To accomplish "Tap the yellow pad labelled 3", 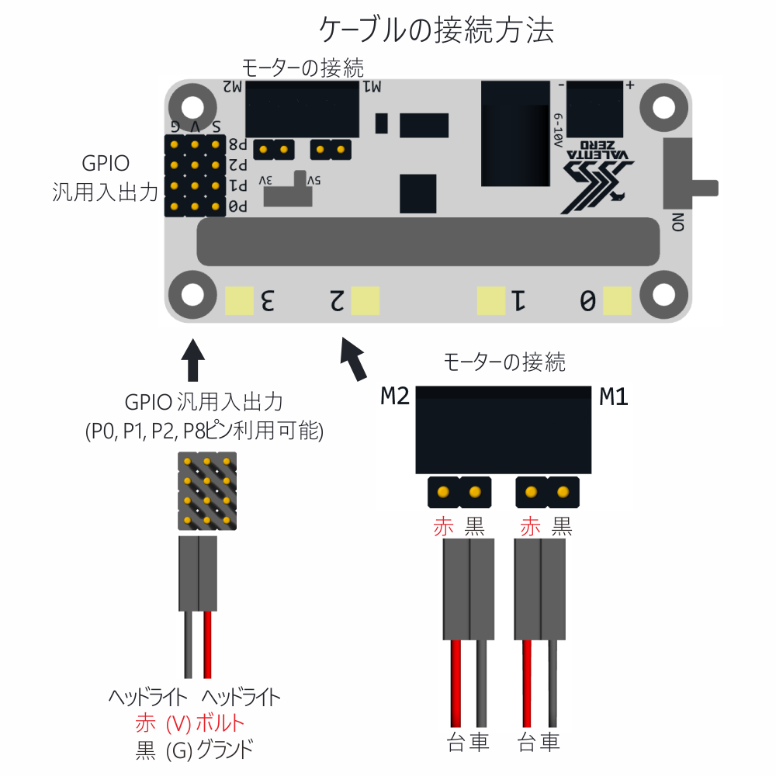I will (x=239, y=300).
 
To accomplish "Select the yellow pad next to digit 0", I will (x=617, y=300).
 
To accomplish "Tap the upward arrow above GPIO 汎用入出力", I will (x=192, y=358).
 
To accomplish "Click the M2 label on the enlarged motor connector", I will (x=394, y=397).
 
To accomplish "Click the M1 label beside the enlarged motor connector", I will (x=613, y=397).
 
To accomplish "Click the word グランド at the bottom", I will (x=225, y=750).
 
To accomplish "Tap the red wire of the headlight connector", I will (x=207, y=644).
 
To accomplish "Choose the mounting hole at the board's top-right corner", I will (x=664, y=106).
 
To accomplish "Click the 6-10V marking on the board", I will (x=557, y=128).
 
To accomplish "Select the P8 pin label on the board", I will (x=238, y=144).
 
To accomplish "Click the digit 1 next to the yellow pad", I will (x=518, y=300).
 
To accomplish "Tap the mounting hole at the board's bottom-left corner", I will (x=192, y=295).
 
